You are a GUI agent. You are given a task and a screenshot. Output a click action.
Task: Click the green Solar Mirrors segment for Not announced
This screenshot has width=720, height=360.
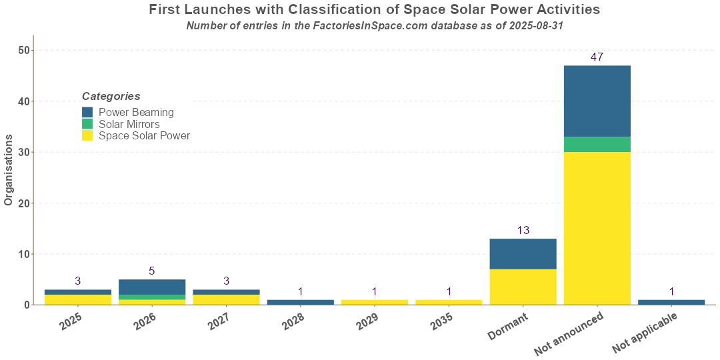coord(597,145)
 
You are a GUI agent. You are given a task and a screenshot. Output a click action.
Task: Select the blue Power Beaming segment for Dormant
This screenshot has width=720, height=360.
coord(523,254)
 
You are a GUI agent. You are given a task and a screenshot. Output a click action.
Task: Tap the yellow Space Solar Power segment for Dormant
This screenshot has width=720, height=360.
coord(523,287)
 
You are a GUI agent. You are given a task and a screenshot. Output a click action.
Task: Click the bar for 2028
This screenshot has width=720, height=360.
coord(300,302)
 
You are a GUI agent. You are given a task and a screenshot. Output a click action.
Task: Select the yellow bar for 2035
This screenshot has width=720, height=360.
coord(449,302)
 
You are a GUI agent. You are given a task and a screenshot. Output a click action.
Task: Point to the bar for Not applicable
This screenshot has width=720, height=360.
coord(671,302)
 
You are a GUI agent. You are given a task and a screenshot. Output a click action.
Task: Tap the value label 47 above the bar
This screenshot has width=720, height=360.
coord(597,57)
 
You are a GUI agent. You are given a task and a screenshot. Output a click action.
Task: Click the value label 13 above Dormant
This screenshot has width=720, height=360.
coord(523,231)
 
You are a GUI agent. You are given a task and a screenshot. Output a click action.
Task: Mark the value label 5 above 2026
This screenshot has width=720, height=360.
coord(152,271)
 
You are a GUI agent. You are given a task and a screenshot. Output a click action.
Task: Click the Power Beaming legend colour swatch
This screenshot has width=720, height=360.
coord(87,113)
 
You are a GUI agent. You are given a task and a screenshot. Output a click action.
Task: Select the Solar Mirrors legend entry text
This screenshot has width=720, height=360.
coord(129,124)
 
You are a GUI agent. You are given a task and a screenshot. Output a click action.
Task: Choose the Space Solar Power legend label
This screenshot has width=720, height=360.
coord(144,136)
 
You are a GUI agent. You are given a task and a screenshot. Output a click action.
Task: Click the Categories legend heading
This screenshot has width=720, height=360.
coord(111,97)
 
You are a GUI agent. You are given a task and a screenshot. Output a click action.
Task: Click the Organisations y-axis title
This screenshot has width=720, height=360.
coord(9,170)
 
